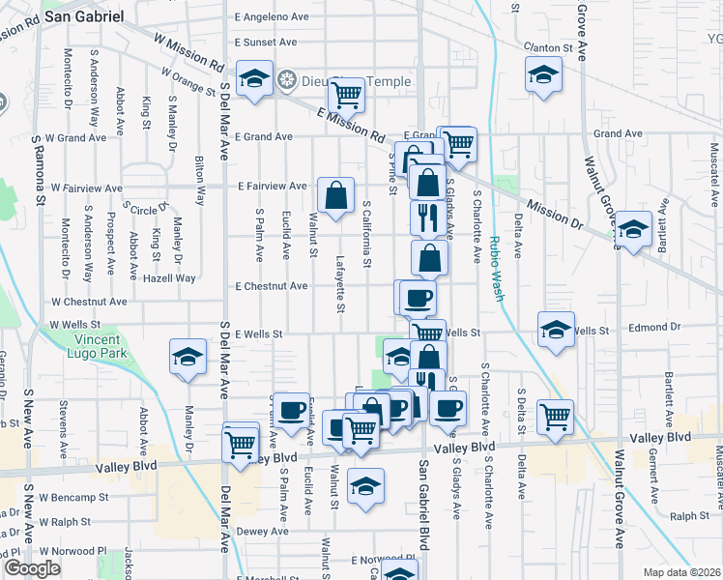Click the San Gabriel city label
88,16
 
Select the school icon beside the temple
254,79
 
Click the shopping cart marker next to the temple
345,95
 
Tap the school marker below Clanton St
543,73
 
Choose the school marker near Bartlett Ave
632,230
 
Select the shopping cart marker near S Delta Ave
555,417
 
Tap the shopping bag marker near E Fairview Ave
334,195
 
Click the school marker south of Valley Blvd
365,486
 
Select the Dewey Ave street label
264,531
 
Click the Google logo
33,568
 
